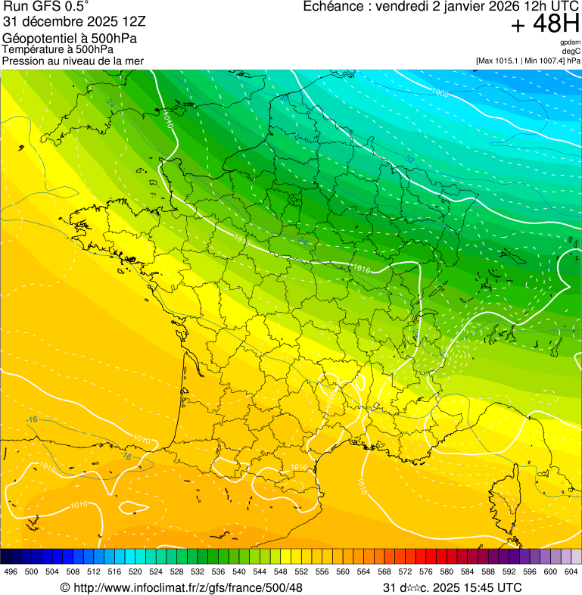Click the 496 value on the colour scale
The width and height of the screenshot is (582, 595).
[11, 572]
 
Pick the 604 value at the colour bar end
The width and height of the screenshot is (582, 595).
[571, 572]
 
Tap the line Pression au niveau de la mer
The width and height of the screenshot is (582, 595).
[73, 61]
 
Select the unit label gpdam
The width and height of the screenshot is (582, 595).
[570, 42]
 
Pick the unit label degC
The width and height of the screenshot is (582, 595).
[571, 51]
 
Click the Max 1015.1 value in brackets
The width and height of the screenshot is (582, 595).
[506, 61]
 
